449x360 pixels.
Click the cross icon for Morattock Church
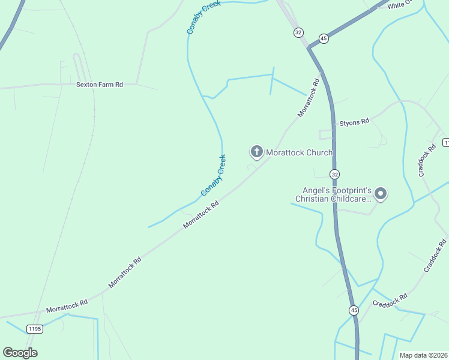pyautogui.click(x=256, y=152)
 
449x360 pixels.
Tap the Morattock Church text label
pyautogui.click(x=299, y=152)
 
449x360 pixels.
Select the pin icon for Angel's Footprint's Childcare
pyautogui.click(x=380, y=193)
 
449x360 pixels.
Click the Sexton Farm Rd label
pyautogui.click(x=100, y=85)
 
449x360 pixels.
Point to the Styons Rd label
pyautogui.click(x=354, y=122)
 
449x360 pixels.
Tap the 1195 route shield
pyautogui.click(x=35, y=328)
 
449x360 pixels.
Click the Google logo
pyautogui.click(x=20, y=353)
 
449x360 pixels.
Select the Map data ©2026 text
pyautogui.click(x=423, y=355)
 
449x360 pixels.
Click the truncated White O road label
pyautogui.click(x=401, y=5)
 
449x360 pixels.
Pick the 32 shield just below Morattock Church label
pyautogui.click(x=334, y=173)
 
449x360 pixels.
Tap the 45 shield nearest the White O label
pyautogui.click(x=324, y=38)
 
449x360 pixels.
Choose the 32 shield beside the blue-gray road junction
pyautogui.click(x=298, y=32)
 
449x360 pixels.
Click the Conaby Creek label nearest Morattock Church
pyautogui.click(x=213, y=175)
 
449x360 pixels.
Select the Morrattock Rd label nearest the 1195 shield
pyautogui.click(x=67, y=305)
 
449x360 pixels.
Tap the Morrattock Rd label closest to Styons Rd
pyautogui.click(x=308, y=97)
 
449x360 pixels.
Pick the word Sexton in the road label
pyautogui.click(x=86, y=85)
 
